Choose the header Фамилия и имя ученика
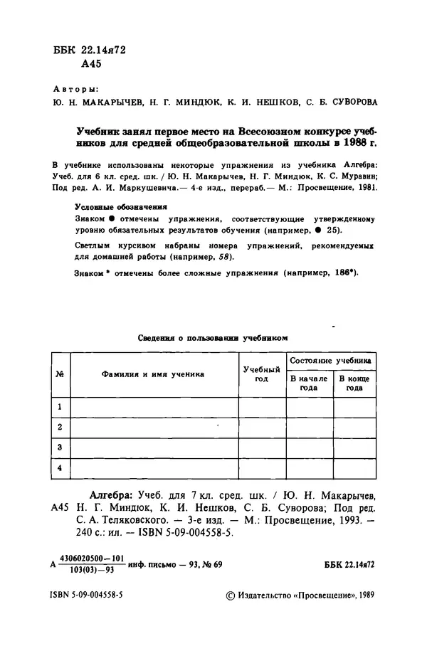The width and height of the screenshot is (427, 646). coord(152,373)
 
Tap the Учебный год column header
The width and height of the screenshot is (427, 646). coord(261,374)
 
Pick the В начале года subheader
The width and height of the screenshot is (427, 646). coord(308,383)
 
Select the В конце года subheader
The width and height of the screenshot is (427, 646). coord(354,383)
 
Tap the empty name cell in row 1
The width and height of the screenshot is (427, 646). coord(152,407)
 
